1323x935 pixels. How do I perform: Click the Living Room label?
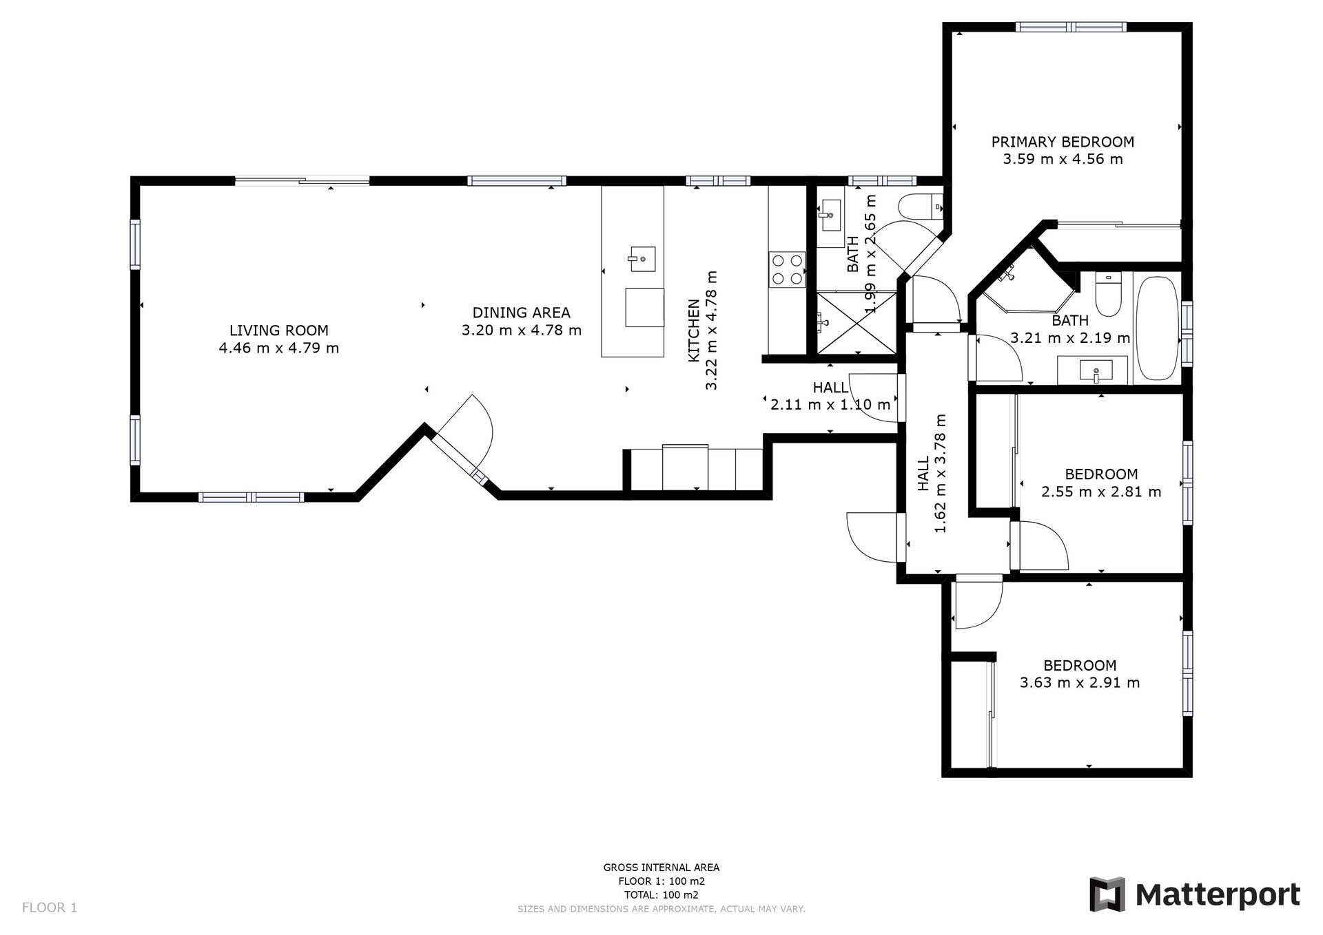point(279,330)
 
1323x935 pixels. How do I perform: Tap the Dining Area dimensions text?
point(522,330)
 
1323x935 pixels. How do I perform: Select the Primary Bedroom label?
point(1063,142)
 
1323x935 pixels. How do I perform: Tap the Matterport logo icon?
point(1107,894)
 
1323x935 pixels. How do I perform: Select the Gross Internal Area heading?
point(661,868)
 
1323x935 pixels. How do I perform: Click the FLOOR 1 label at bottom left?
point(50,907)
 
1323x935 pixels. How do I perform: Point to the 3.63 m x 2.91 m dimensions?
point(1080,683)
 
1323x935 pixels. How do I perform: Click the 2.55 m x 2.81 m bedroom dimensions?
point(1101,492)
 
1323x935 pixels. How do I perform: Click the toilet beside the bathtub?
point(1108,294)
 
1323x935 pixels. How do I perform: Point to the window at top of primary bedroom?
point(1071,28)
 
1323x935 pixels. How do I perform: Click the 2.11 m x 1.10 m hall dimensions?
point(830,405)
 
